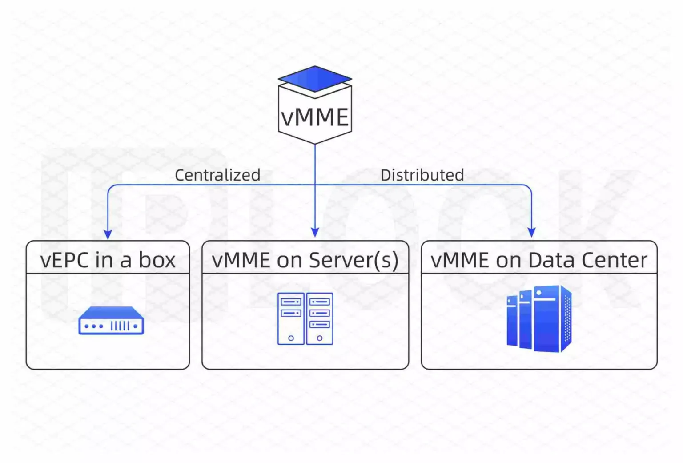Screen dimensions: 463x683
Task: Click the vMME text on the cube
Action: (x=315, y=117)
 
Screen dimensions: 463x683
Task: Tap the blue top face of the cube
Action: (x=315, y=78)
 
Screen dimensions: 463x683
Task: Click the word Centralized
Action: (x=217, y=175)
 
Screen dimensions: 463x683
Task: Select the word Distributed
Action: (x=422, y=175)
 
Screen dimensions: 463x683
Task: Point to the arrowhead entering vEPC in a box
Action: (x=108, y=234)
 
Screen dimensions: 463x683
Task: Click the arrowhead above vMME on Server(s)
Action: (x=315, y=232)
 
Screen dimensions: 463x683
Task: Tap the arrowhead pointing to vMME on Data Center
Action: (x=531, y=232)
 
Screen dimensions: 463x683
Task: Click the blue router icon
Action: (x=111, y=321)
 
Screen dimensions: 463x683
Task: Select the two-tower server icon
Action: (x=305, y=318)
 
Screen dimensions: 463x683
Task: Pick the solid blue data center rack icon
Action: (x=539, y=318)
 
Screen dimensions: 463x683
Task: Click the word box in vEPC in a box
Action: (x=157, y=260)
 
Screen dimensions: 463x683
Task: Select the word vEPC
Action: (x=64, y=260)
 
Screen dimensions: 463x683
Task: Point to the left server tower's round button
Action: (x=291, y=338)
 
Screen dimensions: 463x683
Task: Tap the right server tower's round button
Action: (x=319, y=338)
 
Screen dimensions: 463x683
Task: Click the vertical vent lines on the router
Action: (x=120, y=326)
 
